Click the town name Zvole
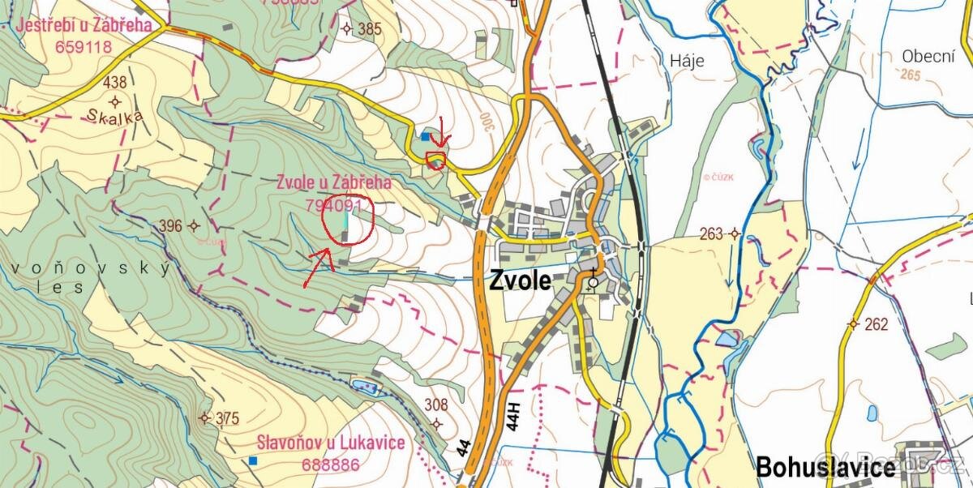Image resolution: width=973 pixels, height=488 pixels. [520, 281]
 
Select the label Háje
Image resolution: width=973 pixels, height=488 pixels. [688, 61]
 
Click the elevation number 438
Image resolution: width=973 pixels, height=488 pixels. [115, 82]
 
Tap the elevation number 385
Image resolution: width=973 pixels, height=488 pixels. [369, 29]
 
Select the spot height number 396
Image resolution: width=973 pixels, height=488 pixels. [171, 226]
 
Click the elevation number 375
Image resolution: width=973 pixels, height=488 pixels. [228, 418]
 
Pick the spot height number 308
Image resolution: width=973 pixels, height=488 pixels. [436, 405]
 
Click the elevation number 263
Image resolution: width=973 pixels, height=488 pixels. [711, 234]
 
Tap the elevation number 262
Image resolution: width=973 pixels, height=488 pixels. [877, 324]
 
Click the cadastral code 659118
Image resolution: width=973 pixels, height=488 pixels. [84, 46]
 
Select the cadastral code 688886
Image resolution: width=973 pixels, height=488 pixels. [330, 464]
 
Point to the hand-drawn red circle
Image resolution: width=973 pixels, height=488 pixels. [347, 220]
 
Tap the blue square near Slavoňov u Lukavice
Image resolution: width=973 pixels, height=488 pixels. [253, 460]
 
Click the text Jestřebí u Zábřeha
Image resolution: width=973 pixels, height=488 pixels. [84, 25]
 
